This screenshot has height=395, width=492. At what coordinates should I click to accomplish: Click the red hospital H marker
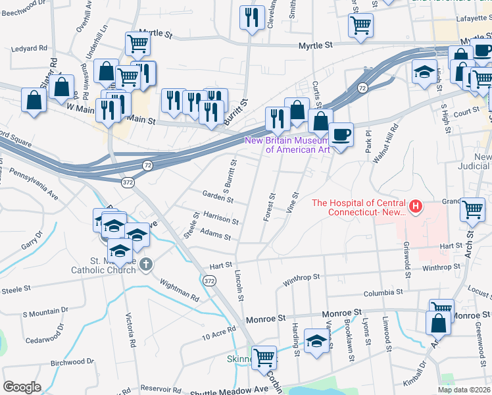point(415,207)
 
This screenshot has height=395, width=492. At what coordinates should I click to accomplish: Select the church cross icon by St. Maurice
point(146,265)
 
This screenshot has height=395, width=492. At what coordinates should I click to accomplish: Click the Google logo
point(22,387)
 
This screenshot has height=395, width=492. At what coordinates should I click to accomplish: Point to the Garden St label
point(218,197)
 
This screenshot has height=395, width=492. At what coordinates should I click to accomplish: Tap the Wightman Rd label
point(176,289)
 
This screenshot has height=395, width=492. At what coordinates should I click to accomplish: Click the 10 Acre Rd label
point(218,333)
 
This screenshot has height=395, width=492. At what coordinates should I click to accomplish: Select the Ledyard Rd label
point(29,48)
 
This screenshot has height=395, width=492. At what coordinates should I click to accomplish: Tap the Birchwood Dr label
point(64,362)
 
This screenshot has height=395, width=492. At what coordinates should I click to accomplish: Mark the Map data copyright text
point(464,390)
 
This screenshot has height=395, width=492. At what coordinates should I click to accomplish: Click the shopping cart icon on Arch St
point(473,210)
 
